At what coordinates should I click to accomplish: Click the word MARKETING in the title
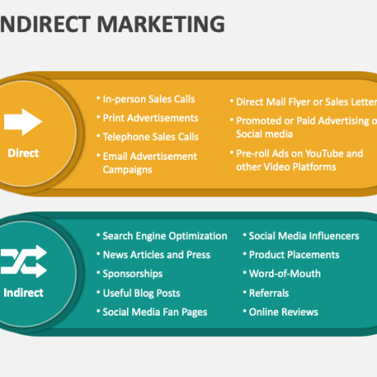(x=161, y=24)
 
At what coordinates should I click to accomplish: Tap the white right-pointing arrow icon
(x=23, y=122)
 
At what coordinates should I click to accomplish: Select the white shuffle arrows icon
(x=24, y=261)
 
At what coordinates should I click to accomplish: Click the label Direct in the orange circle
(x=23, y=153)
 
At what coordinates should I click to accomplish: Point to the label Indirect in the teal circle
(x=24, y=293)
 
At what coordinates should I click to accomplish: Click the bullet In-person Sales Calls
(x=148, y=99)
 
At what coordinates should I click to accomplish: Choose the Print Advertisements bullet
(x=151, y=118)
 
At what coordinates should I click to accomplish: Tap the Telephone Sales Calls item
(x=151, y=137)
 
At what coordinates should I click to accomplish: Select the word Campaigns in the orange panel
(x=127, y=170)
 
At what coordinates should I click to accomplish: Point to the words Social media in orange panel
(x=265, y=134)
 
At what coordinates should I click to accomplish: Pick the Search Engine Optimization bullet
(x=165, y=236)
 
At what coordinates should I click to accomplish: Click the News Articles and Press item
(x=157, y=255)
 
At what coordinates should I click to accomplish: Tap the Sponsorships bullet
(x=133, y=274)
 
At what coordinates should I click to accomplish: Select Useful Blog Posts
(x=142, y=293)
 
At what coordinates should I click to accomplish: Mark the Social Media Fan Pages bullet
(x=155, y=312)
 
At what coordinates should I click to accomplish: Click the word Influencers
(x=334, y=236)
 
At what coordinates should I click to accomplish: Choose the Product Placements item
(x=294, y=255)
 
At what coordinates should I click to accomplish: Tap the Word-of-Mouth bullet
(x=285, y=274)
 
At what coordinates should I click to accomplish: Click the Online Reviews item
(x=284, y=312)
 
